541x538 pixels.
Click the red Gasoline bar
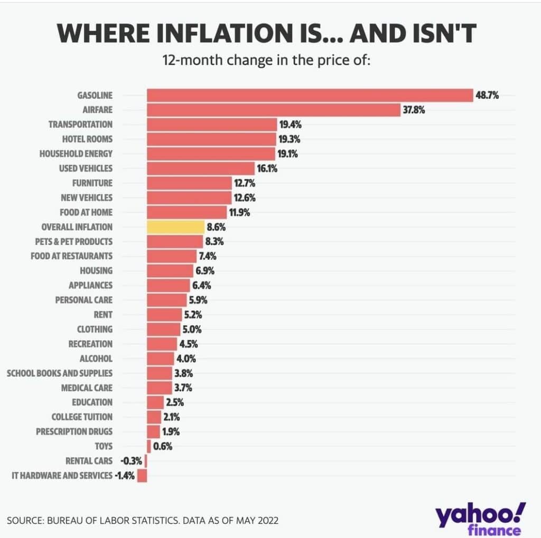tap(309, 95)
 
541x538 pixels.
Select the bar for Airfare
tap(273, 110)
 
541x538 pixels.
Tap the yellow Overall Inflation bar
tap(175, 227)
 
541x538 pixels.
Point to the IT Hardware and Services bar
tap(142, 475)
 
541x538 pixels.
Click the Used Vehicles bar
tap(201, 168)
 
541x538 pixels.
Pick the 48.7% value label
tap(487, 96)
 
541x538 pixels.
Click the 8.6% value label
tap(217, 227)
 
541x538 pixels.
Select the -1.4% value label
tap(125, 476)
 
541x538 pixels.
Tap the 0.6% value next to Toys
tap(163, 446)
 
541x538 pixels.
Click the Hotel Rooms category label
tap(87, 139)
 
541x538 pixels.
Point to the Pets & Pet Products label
tap(77, 241)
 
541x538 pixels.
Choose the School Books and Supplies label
tap(59, 373)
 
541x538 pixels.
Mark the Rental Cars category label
tap(89, 461)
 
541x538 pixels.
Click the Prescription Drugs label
tap(74, 431)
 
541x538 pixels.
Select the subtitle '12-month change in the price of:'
tap(267, 60)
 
